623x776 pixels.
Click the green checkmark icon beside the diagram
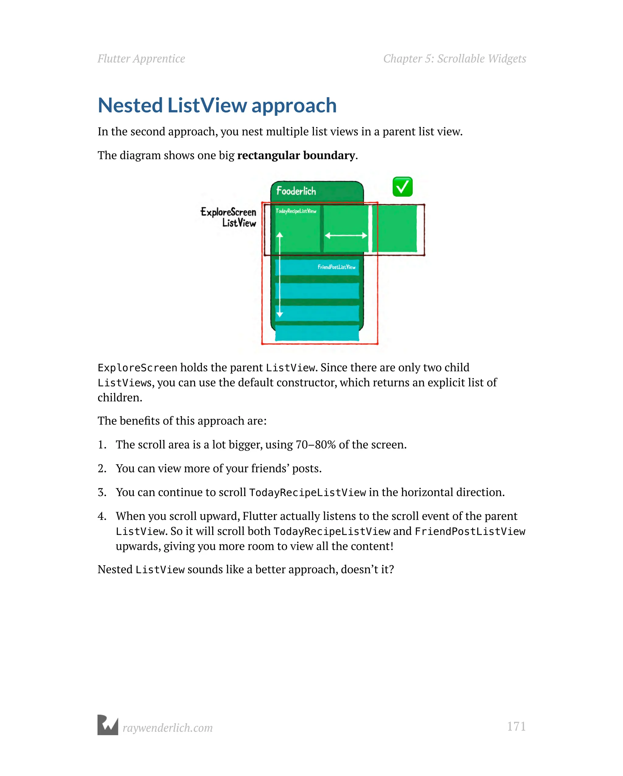pyautogui.click(x=402, y=187)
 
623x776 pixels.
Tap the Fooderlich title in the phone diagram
pyautogui.click(x=296, y=191)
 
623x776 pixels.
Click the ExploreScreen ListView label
pyautogui.click(x=229, y=217)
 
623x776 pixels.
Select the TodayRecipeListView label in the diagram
pyautogui.click(x=296, y=211)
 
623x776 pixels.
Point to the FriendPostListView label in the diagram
pyautogui.click(x=336, y=267)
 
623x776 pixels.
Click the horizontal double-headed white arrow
pyautogui.click(x=346, y=236)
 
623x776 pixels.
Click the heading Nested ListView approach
pyautogui.click(x=217, y=106)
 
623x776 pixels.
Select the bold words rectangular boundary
pyautogui.click(x=296, y=155)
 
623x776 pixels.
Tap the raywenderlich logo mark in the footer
pyautogui.click(x=108, y=725)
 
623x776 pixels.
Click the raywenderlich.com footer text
pyautogui.click(x=168, y=728)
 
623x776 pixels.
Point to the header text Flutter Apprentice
pyautogui.click(x=141, y=59)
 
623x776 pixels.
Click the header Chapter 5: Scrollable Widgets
pyautogui.click(x=454, y=59)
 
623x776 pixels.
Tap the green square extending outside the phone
pyautogui.click(x=395, y=229)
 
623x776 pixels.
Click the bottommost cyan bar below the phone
pyautogui.click(x=317, y=333)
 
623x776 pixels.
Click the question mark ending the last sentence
pyautogui.click(x=392, y=570)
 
